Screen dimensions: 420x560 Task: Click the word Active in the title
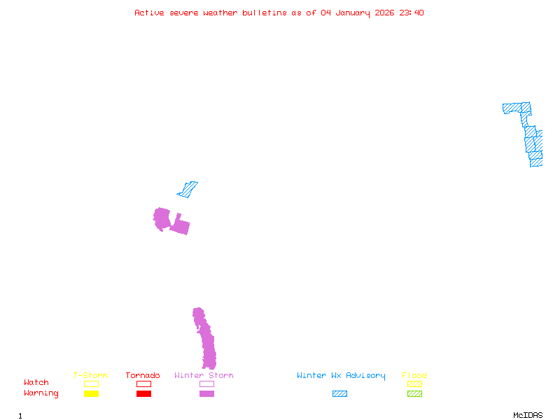click(x=150, y=13)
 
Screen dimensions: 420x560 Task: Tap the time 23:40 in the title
click(x=411, y=13)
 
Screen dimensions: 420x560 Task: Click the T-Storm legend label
click(x=90, y=376)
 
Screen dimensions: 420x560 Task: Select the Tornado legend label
click(x=143, y=376)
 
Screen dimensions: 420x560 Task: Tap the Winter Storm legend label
click(x=204, y=376)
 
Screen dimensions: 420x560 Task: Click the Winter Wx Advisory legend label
click(x=341, y=376)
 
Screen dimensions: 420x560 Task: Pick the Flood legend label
click(x=414, y=376)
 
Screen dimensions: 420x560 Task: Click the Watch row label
click(x=36, y=383)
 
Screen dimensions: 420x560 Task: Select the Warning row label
click(x=41, y=393)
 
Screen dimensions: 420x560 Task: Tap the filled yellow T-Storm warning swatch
click(x=91, y=394)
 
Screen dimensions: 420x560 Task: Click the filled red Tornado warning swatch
click(x=143, y=394)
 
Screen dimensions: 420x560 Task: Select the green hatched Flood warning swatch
click(x=414, y=394)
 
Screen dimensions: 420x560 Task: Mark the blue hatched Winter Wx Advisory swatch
click(x=339, y=394)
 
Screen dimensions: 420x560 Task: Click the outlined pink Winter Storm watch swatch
click(x=206, y=384)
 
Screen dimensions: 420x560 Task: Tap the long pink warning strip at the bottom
click(x=206, y=343)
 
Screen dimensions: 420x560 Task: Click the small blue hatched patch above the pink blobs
click(x=188, y=189)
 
